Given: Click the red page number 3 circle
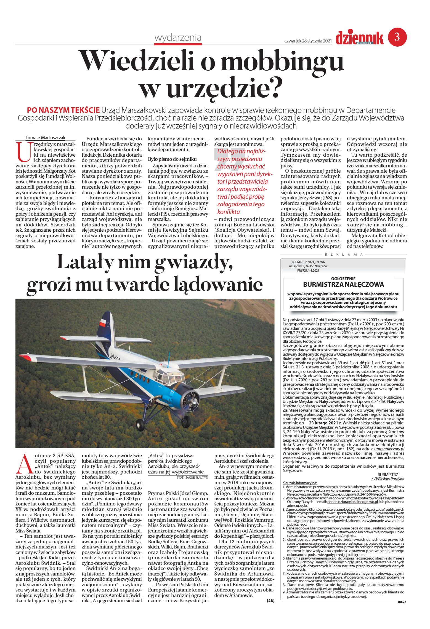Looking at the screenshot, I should pyautogui.click(x=397, y=37).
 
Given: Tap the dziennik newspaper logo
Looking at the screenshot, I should pyautogui.click(x=359, y=38).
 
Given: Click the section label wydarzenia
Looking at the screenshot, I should pyautogui.click(x=178, y=38).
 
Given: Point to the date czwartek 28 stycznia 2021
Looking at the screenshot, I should pyautogui.click(x=308, y=41).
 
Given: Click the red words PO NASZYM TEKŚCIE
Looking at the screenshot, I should pyautogui.click(x=63, y=110).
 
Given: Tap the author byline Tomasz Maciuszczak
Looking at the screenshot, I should pyautogui.click(x=45, y=138).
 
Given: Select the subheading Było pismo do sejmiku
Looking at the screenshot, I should pyautogui.click(x=172, y=159).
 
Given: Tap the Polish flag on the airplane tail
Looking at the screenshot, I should pyautogui.click(x=103, y=322).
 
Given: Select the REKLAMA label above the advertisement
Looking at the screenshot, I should pyautogui.click(x=344, y=255).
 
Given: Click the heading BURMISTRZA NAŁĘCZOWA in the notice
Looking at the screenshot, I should pyautogui.click(x=343, y=285).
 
